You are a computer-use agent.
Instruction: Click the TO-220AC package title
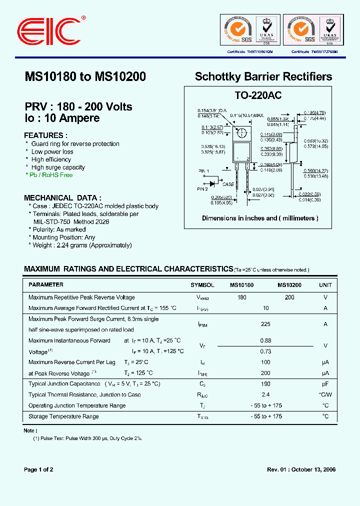click(x=258, y=95)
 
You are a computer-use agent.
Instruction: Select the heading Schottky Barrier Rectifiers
click(x=263, y=76)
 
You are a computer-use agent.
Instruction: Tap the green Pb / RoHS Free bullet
click(x=50, y=175)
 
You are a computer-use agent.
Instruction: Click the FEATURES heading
click(x=46, y=135)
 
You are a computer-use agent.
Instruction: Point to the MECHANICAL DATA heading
click(x=63, y=197)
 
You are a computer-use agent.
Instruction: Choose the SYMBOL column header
click(x=202, y=284)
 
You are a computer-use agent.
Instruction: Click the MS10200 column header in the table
click(x=289, y=284)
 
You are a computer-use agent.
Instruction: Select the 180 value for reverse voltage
click(x=241, y=297)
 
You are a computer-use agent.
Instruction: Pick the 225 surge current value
click(x=265, y=324)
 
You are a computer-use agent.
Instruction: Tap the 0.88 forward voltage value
click(x=265, y=341)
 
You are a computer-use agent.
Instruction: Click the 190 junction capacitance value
click(x=265, y=384)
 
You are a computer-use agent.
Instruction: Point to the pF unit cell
click(x=325, y=384)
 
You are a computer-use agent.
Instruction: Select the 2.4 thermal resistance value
click(x=265, y=394)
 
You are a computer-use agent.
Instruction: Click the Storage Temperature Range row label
click(x=63, y=416)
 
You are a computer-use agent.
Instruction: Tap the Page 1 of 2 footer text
click(x=38, y=469)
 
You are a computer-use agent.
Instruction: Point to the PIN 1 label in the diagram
click(x=203, y=171)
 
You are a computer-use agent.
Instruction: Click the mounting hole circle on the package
click(x=241, y=133)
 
